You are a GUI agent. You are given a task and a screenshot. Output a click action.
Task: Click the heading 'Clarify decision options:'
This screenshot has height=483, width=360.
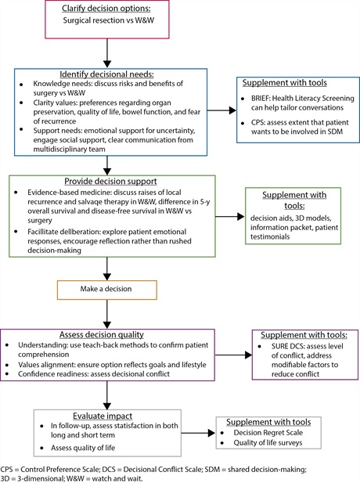coord(106,8)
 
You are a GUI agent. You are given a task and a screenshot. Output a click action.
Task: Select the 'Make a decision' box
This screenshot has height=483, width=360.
coord(107,290)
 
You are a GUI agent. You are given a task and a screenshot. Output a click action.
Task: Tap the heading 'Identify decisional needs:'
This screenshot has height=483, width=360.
coord(106,74)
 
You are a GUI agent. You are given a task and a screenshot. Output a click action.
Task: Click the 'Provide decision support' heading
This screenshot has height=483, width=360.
coord(110,181)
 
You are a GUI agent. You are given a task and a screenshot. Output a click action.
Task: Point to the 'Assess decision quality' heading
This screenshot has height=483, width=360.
coord(102,334)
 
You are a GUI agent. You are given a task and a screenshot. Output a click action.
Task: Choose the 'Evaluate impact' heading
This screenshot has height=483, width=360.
coord(103,416)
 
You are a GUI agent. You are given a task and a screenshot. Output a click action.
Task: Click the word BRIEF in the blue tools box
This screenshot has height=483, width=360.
coord(260,99)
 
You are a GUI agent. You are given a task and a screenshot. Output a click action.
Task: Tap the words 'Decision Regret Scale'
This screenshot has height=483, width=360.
coord(268,432)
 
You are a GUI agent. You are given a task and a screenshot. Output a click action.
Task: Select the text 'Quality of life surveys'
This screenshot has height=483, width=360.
coord(268,442)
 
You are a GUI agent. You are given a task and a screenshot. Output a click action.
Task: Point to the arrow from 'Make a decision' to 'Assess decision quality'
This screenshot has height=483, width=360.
coord(107,314)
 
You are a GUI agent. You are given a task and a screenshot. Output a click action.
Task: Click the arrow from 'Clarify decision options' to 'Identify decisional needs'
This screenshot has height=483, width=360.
coord(107,53)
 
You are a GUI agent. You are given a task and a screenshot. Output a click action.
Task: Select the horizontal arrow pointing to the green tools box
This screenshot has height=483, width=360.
coord(230,217)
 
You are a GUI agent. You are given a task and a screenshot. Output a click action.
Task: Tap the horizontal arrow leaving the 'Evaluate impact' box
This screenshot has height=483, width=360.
coord(198,433)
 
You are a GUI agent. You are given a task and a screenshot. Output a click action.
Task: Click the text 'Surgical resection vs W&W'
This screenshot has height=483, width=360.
coord(109,20)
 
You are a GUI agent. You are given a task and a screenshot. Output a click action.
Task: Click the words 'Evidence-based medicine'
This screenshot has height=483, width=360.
coord(70,193)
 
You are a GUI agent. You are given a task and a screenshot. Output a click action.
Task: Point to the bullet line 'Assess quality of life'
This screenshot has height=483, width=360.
coord(83,448)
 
